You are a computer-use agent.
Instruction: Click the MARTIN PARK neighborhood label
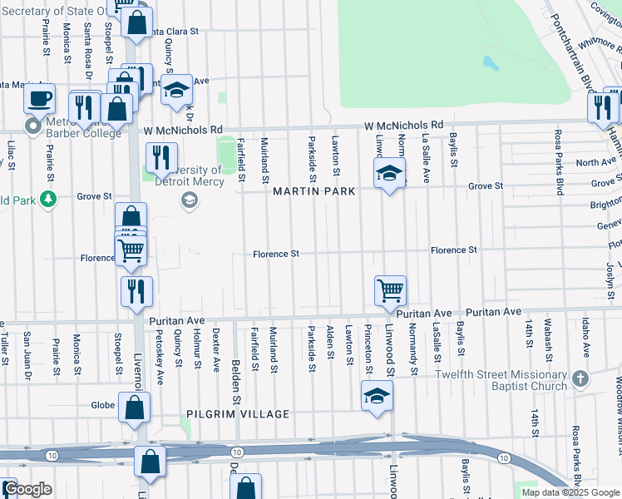[x=314, y=191]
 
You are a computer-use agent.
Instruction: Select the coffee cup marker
[x=39, y=101]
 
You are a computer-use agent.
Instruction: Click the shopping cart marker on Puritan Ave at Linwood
[x=390, y=291]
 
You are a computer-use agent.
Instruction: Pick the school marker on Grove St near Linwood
[x=388, y=175]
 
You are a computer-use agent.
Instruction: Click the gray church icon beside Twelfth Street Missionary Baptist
[x=580, y=379]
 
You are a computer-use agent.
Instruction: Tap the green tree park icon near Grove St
[x=48, y=199]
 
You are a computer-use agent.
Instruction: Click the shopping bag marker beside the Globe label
[x=134, y=408]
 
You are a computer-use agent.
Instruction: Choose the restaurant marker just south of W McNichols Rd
[x=161, y=156]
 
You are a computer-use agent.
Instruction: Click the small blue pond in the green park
[x=489, y=62]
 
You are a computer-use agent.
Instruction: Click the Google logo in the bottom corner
[x=27, y=490]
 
